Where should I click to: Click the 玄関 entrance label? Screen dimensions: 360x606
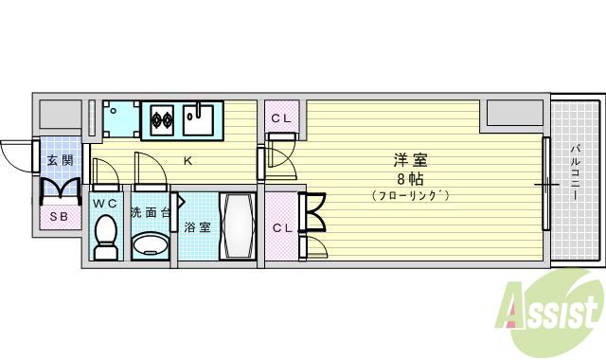(x=60, y=160)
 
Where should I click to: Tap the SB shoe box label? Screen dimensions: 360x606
(x=59, y=215)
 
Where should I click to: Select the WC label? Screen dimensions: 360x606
(x=105, y=203)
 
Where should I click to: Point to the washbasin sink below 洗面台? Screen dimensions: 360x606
(x=149, y=244)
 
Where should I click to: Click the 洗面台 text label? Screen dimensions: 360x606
(x=150, y=212)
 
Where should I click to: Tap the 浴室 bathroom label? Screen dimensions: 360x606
(x=197, y=227)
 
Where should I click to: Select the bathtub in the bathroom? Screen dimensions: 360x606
(x=236, y=227)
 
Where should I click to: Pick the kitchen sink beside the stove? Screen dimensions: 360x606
(x=202, y=120)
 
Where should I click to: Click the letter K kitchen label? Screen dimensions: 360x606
(x=187, y=160)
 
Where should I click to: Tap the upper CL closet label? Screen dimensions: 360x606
(x=281, y=118)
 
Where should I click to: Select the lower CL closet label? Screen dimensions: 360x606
(x=281, y=227)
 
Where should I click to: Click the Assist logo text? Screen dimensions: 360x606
(x=554, y=309)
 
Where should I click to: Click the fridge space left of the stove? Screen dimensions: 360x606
(x=121, y=120)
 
